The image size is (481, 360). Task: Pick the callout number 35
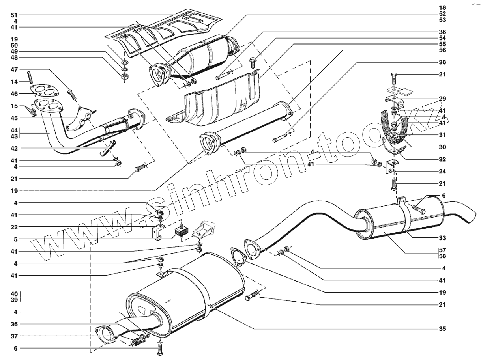(442, 328)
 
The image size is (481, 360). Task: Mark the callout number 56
(442, 50)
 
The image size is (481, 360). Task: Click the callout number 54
(442, 38)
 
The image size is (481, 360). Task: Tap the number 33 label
(442, 238)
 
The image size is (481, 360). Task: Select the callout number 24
(442, 172)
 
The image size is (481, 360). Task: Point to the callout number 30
(442, 147)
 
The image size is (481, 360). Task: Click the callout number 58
(442, 256)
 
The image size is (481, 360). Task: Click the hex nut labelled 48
(124, 76)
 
